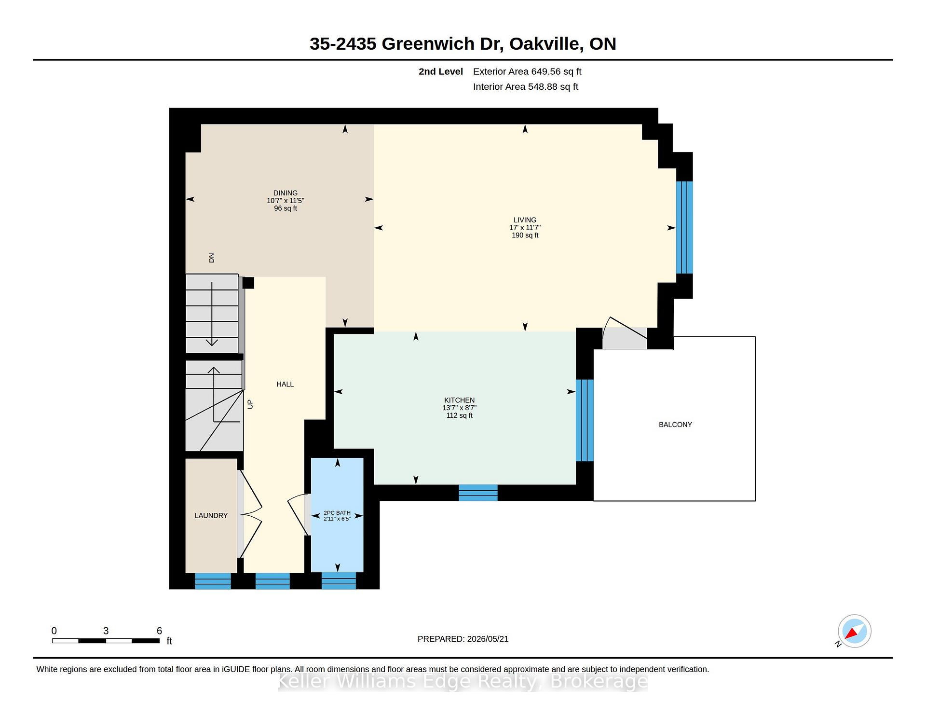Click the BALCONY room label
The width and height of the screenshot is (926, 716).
tap(675, 425)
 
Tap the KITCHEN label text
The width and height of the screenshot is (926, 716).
tap(459, 400)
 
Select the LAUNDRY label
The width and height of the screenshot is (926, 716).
tap(211, 515)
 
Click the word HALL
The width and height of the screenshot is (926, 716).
tap(285, 384)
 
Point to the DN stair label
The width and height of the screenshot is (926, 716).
tap(211, 258)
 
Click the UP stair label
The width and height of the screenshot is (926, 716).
tap(250, 404)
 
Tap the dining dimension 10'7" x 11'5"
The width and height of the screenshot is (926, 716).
tap(286, 201)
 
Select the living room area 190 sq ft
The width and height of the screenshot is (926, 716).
tap(525, 235)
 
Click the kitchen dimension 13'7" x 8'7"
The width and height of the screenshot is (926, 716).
tap(460, 408)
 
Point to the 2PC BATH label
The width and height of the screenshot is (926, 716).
tap(337, 513)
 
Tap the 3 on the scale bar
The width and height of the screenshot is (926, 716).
tap(106, 631)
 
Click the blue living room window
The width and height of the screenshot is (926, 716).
tap(684, 227)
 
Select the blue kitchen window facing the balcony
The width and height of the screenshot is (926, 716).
tap(585, 420)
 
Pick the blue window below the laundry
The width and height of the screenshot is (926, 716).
tap(213, 581)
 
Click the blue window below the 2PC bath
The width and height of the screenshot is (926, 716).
tap(339, 581)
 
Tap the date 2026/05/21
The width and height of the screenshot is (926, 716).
tap(488, 639)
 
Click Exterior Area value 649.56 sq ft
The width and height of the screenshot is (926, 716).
tap(556, 71)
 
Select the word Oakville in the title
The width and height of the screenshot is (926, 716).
tap(544, 44)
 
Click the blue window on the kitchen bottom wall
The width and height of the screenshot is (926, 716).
tap(478, 493)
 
